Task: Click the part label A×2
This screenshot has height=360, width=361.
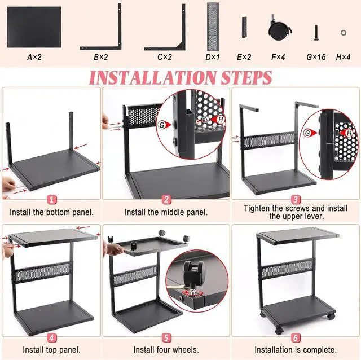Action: tap(35, 57)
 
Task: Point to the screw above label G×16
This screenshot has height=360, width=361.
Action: tap(316, 33)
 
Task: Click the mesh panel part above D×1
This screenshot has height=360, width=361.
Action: tap(213, 25)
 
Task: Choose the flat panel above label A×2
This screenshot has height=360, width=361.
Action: tap(34, 27)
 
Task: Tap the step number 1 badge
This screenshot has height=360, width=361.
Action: tap(51, 199)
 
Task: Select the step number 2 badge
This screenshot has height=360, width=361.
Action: tap(166, 199)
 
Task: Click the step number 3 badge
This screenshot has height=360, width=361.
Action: tap(296, 199)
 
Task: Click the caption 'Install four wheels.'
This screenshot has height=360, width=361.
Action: tap(165, 350)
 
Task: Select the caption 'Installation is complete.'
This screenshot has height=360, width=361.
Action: tap(296, 350)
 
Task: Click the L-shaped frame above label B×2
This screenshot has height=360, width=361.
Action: tap(102, 28)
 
